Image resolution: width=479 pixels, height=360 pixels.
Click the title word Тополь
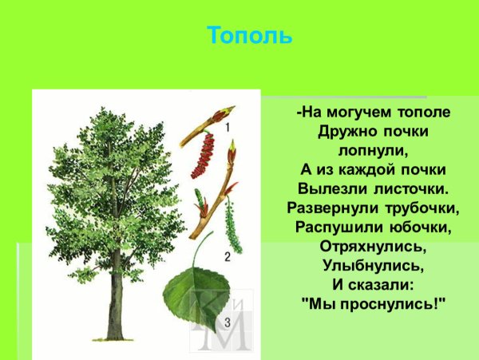tap(249, 36)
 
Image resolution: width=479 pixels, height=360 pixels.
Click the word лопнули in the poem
tap(371, 150)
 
